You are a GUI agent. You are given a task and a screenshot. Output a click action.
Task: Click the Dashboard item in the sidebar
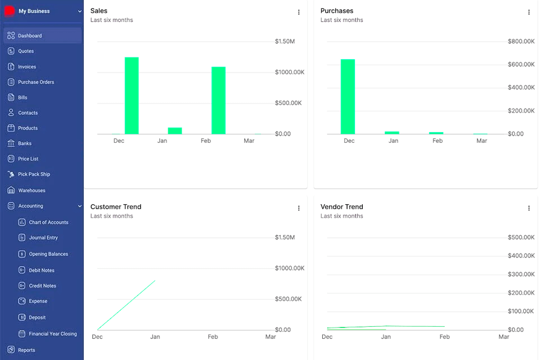click(x=29, y=36)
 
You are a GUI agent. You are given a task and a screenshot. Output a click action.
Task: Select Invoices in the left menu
click(x=26, y=67)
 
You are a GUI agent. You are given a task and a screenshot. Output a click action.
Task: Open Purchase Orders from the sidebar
click(x=35, y=82)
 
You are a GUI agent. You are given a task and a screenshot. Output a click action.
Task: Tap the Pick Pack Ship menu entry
click(x=34, y=174)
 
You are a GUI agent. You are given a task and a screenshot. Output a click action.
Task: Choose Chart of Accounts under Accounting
click(x=48, y=223)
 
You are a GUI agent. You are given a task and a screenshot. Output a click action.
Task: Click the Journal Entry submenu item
click(x=43, y=238)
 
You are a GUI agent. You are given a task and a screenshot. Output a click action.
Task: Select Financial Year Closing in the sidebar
click(x=52, y=334)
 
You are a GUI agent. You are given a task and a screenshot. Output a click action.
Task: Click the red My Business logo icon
click(x=10, y=11)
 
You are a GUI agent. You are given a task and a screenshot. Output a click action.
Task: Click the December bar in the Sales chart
click(x=132, y=96)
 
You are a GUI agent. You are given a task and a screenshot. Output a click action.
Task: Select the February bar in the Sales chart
click(x=218, y=100)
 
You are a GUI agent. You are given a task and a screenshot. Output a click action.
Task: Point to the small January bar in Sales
click(x=175, y=130)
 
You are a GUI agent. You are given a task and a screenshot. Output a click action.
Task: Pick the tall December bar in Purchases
click(x=348, y=96)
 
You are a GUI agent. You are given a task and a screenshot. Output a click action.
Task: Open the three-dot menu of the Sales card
click(x=299, y=12)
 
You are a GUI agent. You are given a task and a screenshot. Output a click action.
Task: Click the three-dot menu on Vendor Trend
click(x=529, y=208)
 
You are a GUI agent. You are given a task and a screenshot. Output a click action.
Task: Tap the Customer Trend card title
click(x=116, y=207)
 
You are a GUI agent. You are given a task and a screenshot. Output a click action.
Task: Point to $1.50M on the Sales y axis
click(x=285, y=42)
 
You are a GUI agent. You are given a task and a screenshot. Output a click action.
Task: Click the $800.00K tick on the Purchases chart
click(x=521, y=42)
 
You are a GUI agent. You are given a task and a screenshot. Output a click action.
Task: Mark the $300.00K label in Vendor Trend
click(x=521, y=274)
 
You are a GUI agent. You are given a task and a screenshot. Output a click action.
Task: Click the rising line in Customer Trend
click(x=127, y=305)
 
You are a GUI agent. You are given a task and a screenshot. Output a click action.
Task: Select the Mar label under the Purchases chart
click(x=481, y=141)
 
